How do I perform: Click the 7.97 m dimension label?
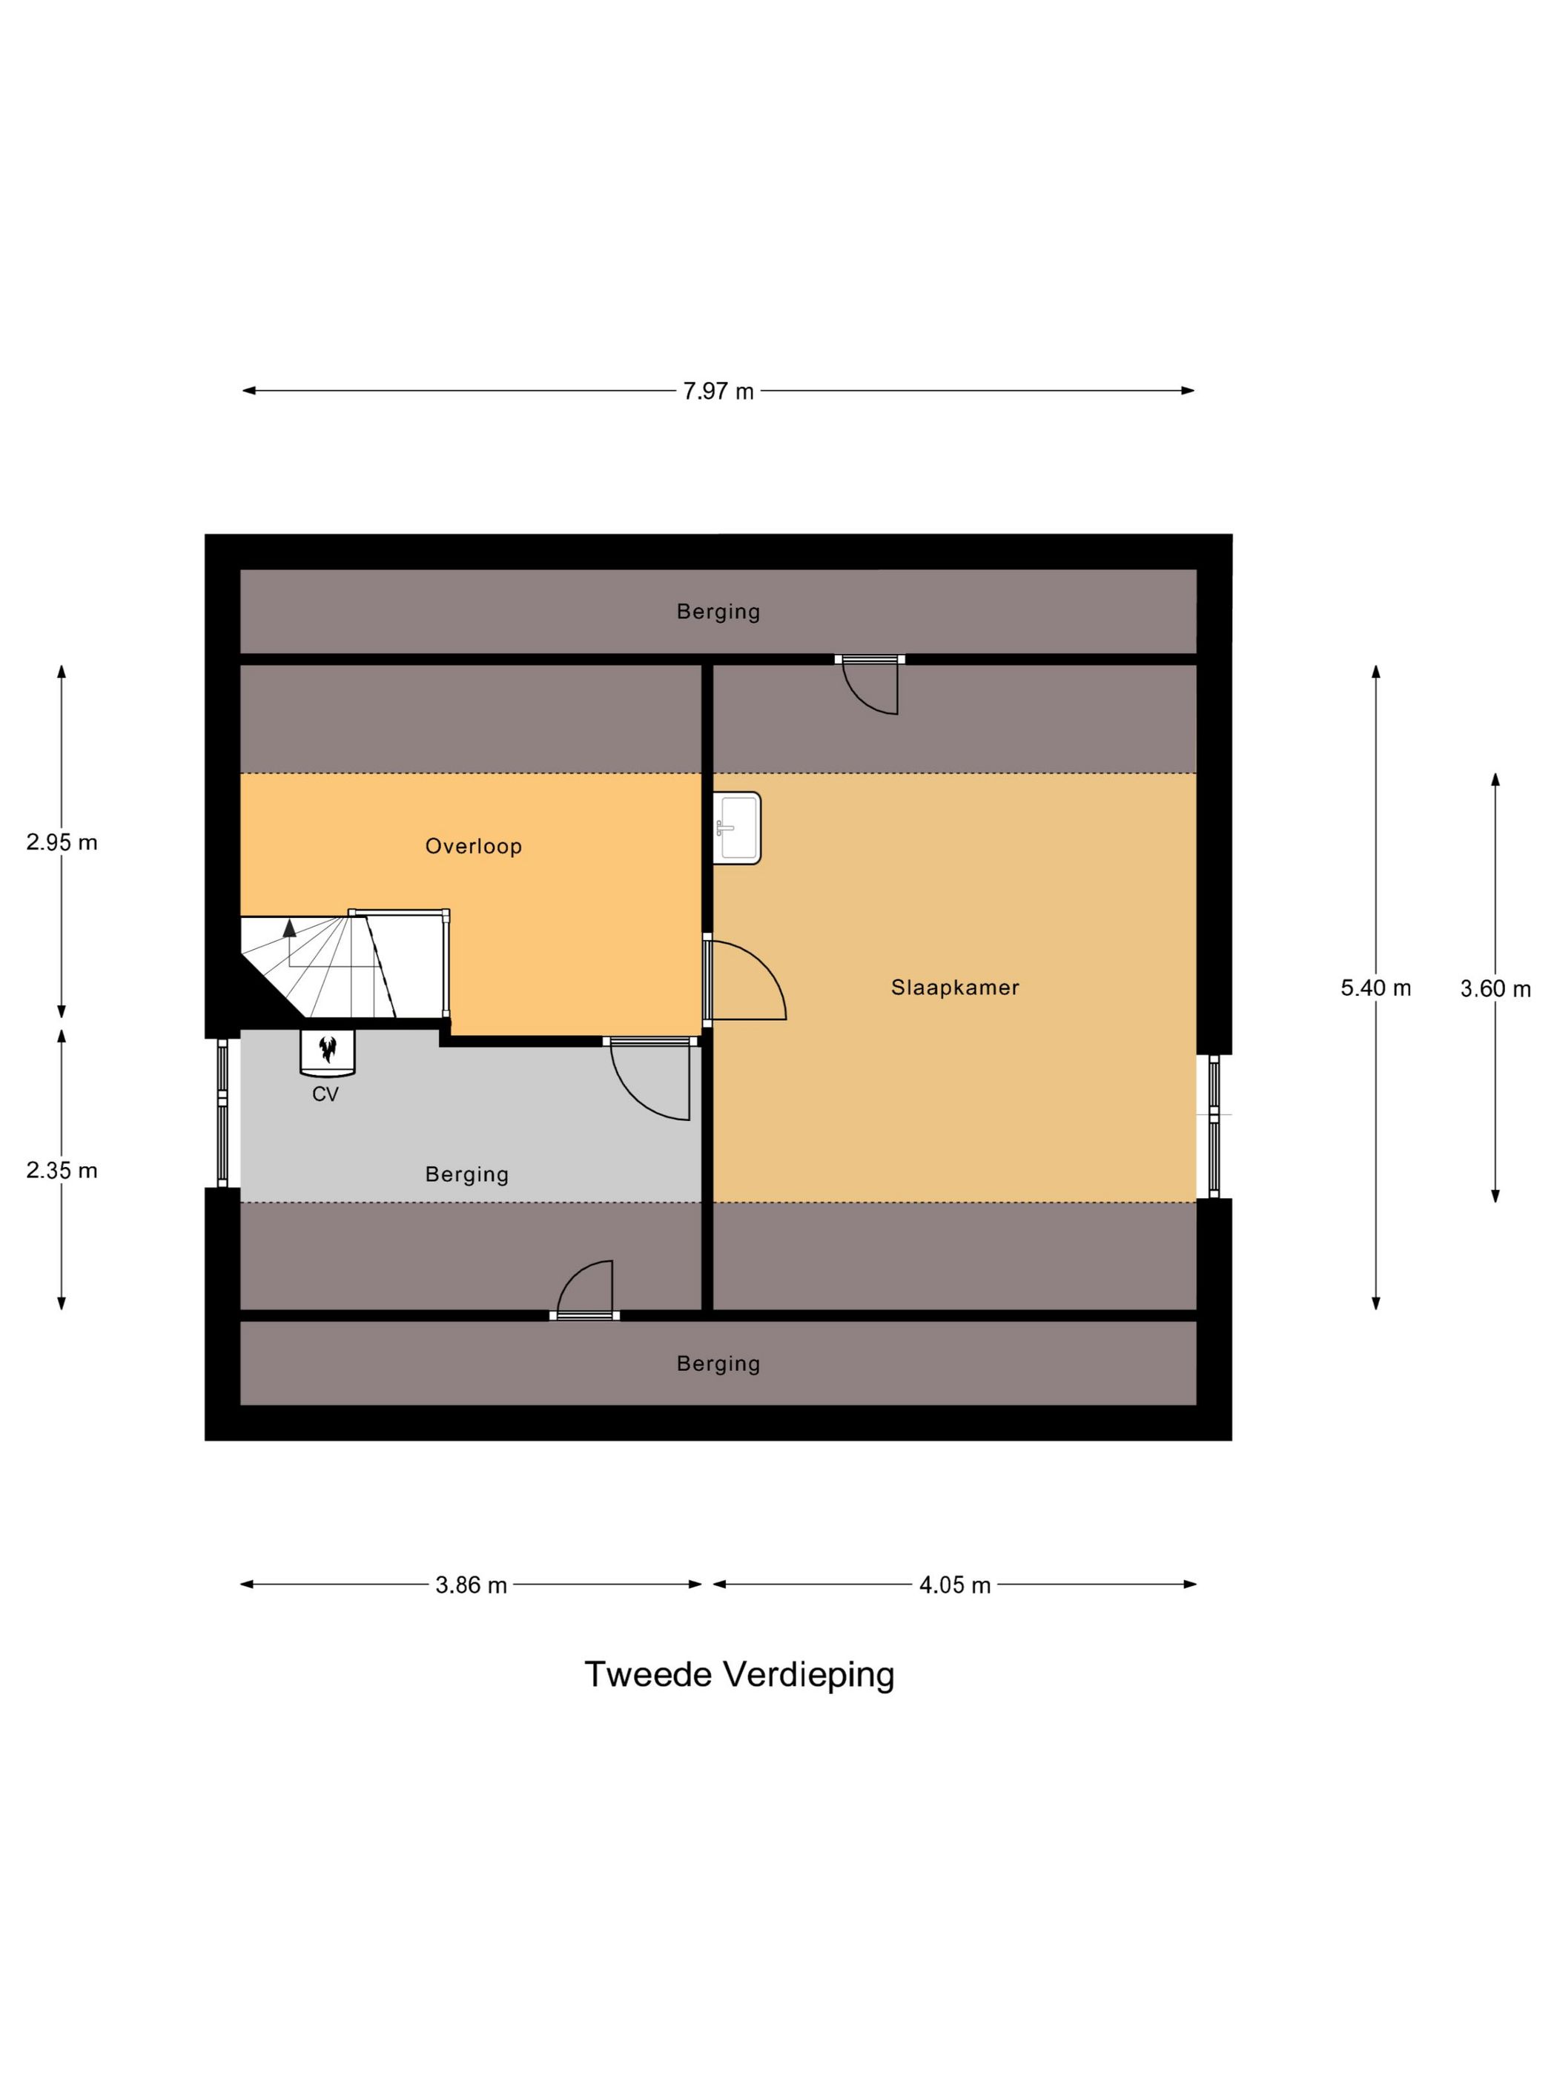(718, 391)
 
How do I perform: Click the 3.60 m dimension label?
(1495, 988)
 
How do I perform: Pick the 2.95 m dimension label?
(62, 842)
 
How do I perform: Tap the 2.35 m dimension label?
(62, 1170)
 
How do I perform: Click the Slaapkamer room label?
(954, 988)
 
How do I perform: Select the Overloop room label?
(473, 847)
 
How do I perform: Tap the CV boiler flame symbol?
(328, 1049)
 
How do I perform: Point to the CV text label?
(325, 1094)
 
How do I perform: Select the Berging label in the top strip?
(718, 612)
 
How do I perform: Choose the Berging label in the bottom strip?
(718, 1363)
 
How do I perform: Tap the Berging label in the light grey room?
(466, 1175)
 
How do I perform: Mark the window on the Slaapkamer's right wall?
(1214, 1126)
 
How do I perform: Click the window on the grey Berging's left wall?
(222, 1113)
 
